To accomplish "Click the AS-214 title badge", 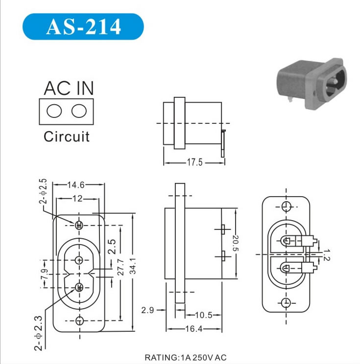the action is tap(83, 26).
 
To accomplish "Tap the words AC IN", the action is tap(69, 88).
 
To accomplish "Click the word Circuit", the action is tap(67, 136).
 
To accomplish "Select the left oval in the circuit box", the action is tap(54, 111).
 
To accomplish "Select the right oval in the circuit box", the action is tap(79, 111).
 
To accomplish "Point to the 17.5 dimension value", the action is tap(195, 162).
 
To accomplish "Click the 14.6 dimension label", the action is tap(76, 185).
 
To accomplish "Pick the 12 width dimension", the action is tap(77, 199).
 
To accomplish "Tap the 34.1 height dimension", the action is tap(133, 266).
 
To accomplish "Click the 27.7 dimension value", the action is tap(120, 267).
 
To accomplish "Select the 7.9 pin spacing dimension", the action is tap(45, 274).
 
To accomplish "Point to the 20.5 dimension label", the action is tap(236, 243).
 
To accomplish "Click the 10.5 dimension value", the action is tap(203, 315).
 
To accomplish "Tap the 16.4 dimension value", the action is tap(193, 329).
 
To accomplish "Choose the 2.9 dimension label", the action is tap(147, 310).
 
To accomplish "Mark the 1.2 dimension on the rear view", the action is tap(326, 255).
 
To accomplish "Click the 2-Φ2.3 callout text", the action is tap(39, 333).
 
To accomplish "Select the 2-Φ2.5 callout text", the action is tap(43, 191).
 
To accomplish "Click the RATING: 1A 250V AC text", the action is tap(186, 358).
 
